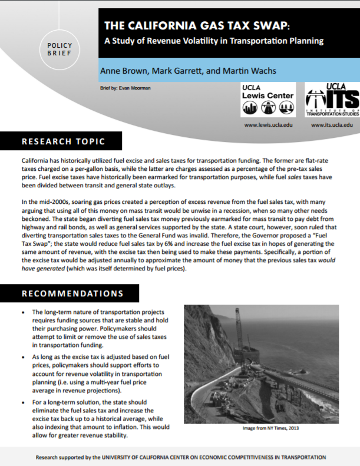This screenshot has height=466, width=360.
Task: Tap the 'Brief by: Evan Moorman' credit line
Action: [125, 89]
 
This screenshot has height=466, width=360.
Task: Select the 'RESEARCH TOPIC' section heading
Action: [63, 142]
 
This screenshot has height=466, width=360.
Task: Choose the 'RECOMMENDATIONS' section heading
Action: [72, 293]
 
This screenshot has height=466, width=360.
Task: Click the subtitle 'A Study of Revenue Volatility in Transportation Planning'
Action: [214, 42]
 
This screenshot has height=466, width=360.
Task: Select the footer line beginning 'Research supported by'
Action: [180, 457]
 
